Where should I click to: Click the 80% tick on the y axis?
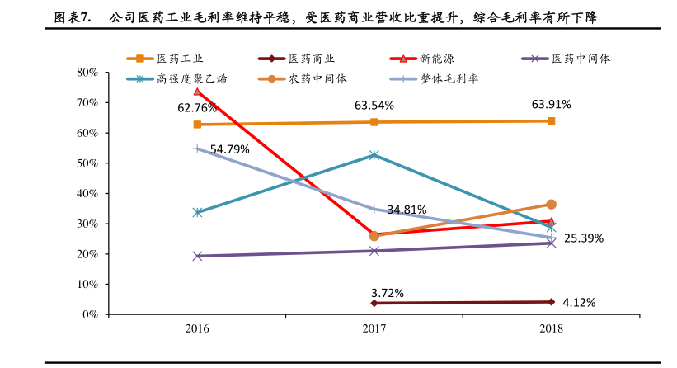(x=87, y=73)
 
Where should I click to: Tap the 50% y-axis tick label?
(x=87, y=163)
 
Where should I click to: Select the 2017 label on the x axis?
(x=374, y=328)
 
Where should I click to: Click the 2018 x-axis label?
(x=551, y=328)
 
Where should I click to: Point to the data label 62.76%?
(x=197, y=108)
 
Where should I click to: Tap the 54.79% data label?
(x=230, y=149)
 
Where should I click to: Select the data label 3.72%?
(x=388, y=292)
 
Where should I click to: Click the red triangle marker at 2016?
(x=197, y=92)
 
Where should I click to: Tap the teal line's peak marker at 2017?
(x=374, y=154)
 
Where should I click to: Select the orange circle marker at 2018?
(x=551, y=204)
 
